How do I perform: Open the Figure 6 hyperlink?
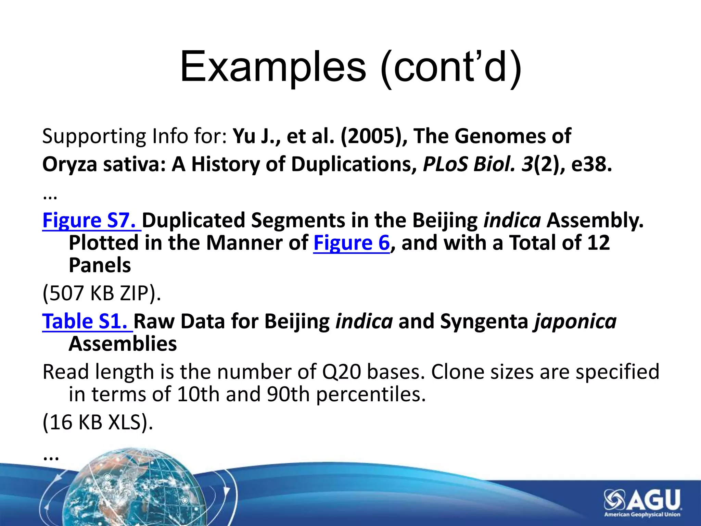[351, 243]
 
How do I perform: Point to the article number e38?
[591, 164]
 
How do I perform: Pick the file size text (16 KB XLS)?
[98, 422]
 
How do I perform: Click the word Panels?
[100, 265]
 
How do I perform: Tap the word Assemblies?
[123, 344]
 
